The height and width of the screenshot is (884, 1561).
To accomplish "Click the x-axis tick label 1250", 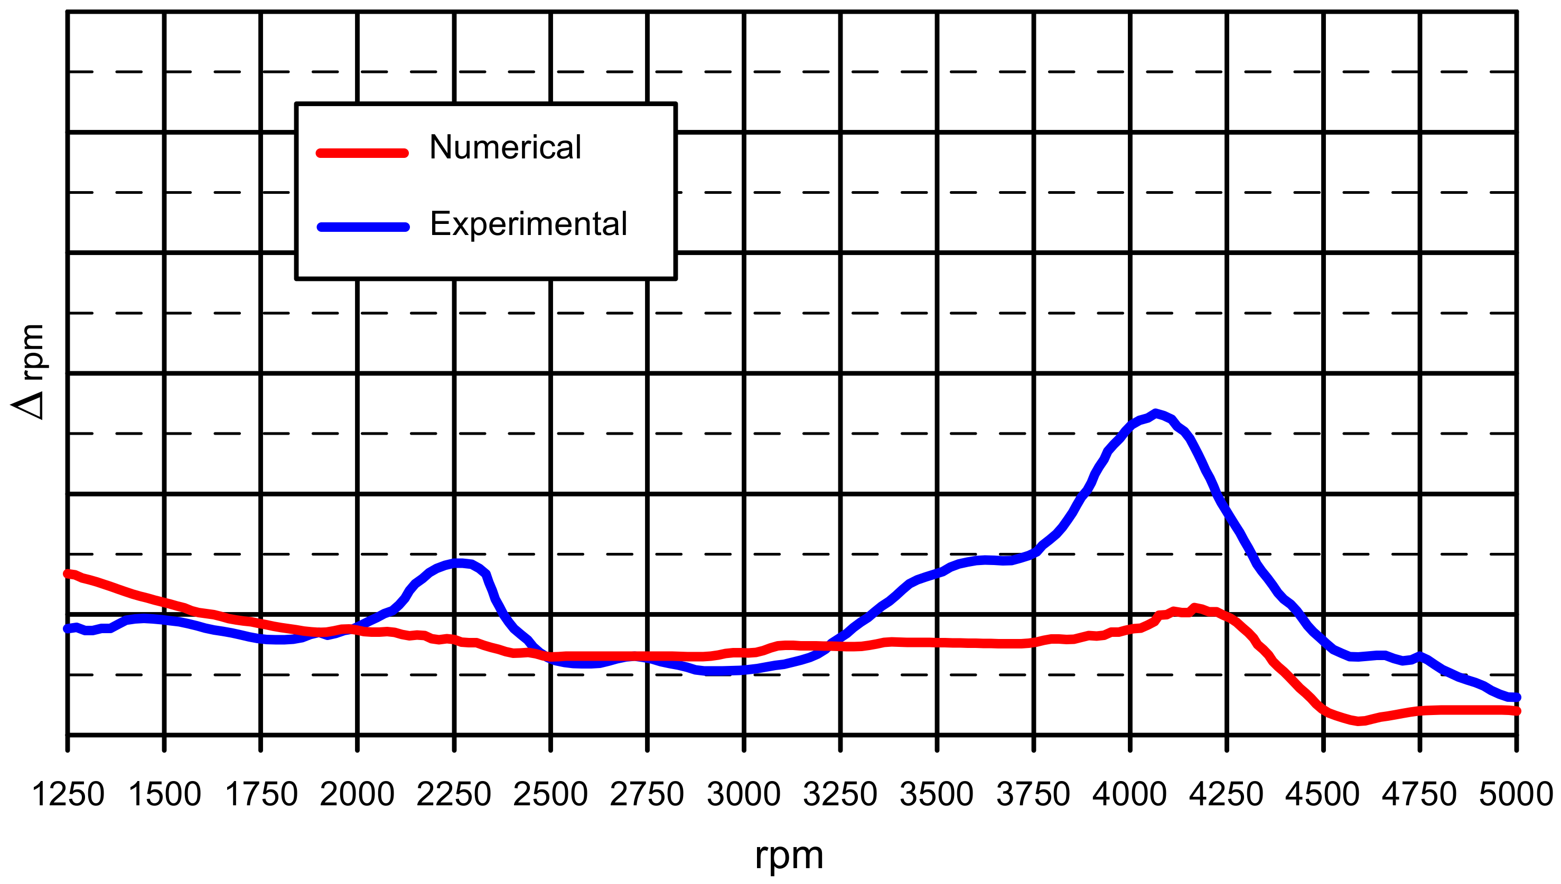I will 68,794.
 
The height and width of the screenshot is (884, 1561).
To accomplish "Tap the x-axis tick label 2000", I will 357,794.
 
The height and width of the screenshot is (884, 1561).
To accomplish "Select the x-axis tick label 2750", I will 647,794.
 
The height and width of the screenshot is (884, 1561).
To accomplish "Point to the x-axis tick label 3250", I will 840,794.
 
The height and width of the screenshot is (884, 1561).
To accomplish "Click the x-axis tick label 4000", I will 1129,794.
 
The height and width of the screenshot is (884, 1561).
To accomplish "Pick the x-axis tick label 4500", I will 1322,794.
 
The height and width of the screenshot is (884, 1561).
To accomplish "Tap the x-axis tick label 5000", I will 1516,794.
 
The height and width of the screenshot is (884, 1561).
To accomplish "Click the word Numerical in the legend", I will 505,147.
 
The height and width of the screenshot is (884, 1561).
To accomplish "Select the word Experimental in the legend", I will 528,224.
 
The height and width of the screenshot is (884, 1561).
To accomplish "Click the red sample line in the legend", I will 362,153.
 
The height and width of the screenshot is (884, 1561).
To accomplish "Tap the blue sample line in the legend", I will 363,227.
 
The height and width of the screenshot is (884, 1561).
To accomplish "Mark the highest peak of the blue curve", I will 1155,413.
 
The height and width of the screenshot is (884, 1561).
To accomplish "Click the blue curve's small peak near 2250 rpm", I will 460,563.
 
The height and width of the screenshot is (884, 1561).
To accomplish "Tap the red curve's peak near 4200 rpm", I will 1195,608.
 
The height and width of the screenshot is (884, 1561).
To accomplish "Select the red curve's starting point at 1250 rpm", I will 68,573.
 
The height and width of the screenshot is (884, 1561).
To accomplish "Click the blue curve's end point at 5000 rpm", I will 1516,698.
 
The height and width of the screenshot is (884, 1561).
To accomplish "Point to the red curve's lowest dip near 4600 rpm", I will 1360,721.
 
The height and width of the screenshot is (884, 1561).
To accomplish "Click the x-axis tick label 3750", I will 1033,794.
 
